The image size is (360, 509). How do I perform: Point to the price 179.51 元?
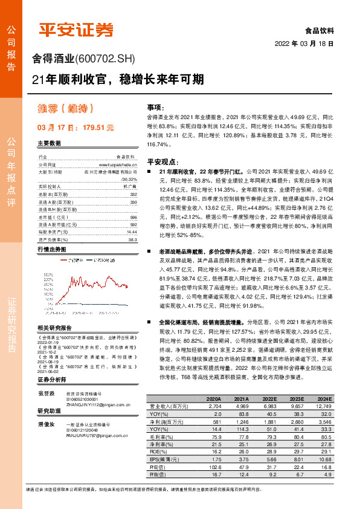click(92, 128)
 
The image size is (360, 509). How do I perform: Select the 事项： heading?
click(156, 105)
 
